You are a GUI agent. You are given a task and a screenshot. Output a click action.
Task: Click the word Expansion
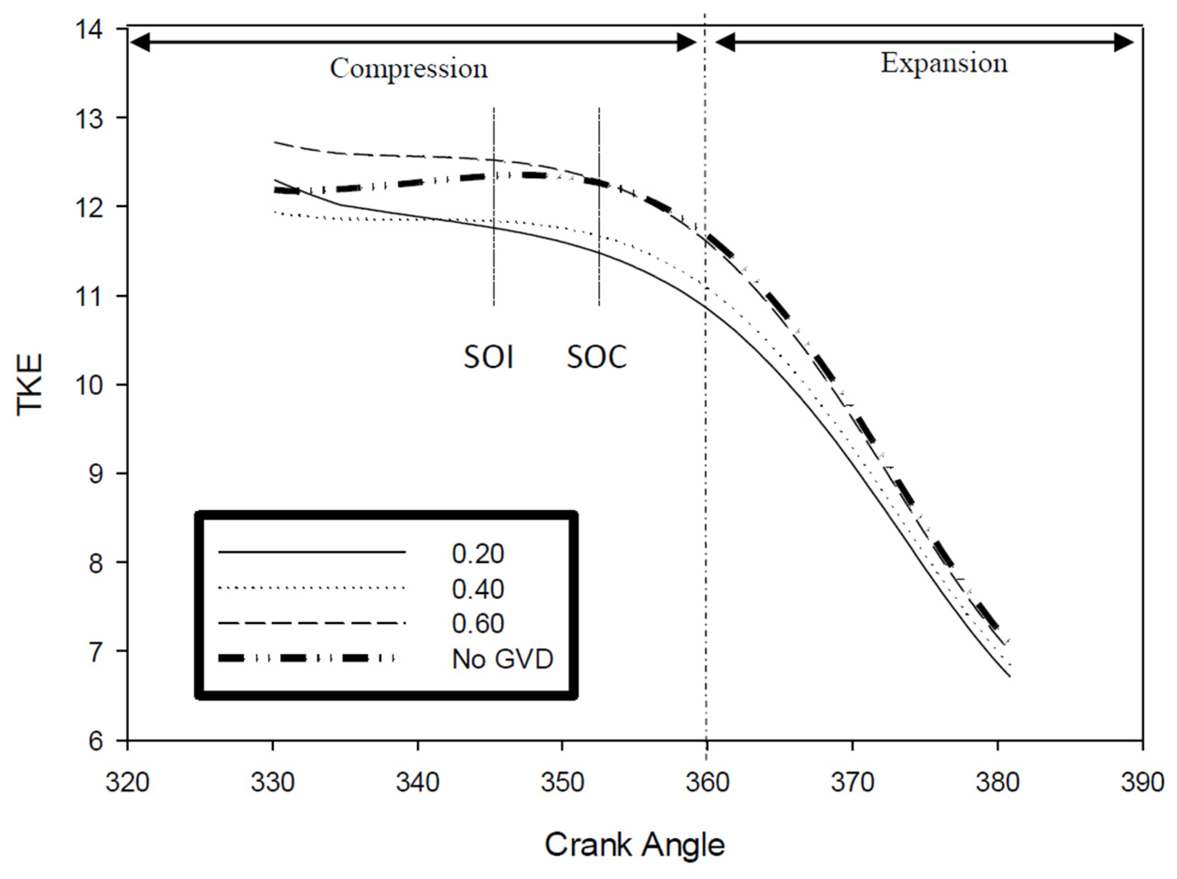point(944,63)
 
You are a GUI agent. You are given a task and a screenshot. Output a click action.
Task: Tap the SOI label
point(488,357)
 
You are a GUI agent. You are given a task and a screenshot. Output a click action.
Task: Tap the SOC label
point(596,357)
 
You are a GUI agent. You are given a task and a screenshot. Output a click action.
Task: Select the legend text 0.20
point(478,554)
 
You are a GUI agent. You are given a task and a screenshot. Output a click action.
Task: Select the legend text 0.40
point(478,589)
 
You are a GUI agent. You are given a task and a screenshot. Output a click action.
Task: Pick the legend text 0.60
point(478,623)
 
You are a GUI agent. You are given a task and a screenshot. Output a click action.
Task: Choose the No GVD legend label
point(502,659)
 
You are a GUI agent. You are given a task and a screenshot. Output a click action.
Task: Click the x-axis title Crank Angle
point(634,844)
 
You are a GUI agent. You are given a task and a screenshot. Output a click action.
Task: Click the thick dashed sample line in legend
point(307,659)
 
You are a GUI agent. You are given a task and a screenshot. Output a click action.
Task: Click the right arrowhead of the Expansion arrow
point(1124,42)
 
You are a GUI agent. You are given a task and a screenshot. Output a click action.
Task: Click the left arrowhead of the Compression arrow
point(139,42)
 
